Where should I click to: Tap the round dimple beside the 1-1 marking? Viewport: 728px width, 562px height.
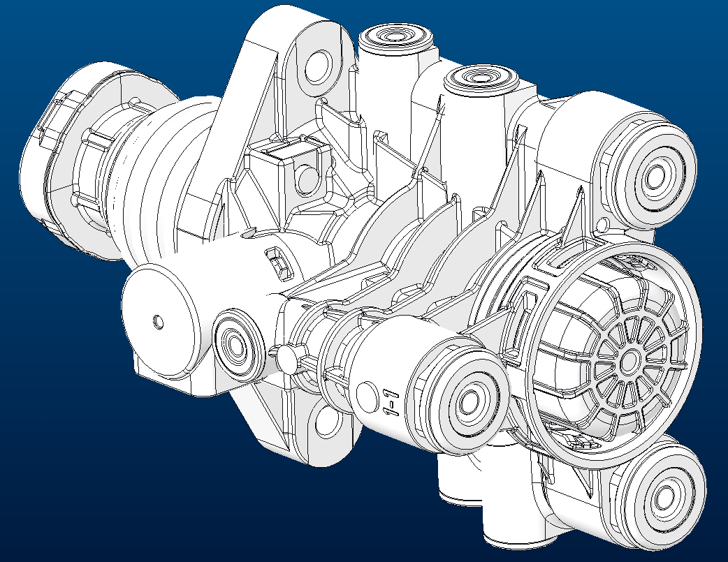366,395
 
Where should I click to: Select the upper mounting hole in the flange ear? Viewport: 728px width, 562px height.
318,68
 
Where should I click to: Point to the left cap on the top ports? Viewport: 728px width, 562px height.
395,36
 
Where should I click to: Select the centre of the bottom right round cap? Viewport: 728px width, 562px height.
660,499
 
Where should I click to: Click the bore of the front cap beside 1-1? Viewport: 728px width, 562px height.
467,401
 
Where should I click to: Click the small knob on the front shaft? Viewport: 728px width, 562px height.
286,357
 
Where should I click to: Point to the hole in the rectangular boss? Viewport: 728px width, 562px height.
305,179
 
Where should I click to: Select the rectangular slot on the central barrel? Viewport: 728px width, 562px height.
278,262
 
